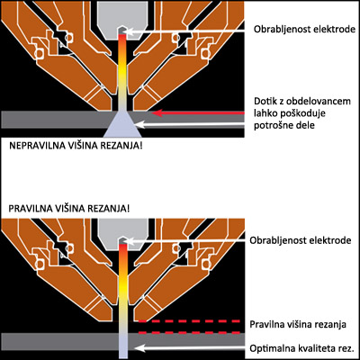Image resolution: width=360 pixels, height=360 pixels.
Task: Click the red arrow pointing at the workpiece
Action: click(x=199, y=113)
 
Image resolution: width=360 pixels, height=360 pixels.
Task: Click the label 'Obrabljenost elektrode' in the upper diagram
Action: click(x=304, y=30)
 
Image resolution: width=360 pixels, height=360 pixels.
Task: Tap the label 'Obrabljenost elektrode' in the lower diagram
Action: click(x=301, y=240)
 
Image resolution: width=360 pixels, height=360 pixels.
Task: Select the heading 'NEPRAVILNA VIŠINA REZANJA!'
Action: click(x=76, y=146)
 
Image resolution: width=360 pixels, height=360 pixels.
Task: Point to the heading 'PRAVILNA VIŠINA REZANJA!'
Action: click(x=69, y=209)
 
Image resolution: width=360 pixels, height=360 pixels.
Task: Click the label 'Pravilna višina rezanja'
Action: click(x=298, y=324)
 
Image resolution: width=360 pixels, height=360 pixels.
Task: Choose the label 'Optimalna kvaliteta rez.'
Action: click(x=301, y=348)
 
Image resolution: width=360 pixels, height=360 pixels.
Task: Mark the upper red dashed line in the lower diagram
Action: click(x=189, y=321)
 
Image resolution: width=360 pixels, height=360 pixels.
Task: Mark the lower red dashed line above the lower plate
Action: click(x=189, y=332)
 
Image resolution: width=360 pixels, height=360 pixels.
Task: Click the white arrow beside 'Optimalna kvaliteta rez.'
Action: click(x=190, y=348)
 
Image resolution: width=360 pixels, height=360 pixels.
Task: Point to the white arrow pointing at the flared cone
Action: click(x=191, y=124)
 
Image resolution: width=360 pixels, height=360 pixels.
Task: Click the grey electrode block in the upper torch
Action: click(x=123, y=19)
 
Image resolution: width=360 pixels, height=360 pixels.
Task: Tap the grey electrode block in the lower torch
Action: click(x=123, y=231)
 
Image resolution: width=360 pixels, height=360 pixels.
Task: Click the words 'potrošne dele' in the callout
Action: click(x=284, y=125)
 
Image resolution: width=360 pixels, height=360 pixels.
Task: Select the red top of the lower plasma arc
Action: click(x=123, y=250)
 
